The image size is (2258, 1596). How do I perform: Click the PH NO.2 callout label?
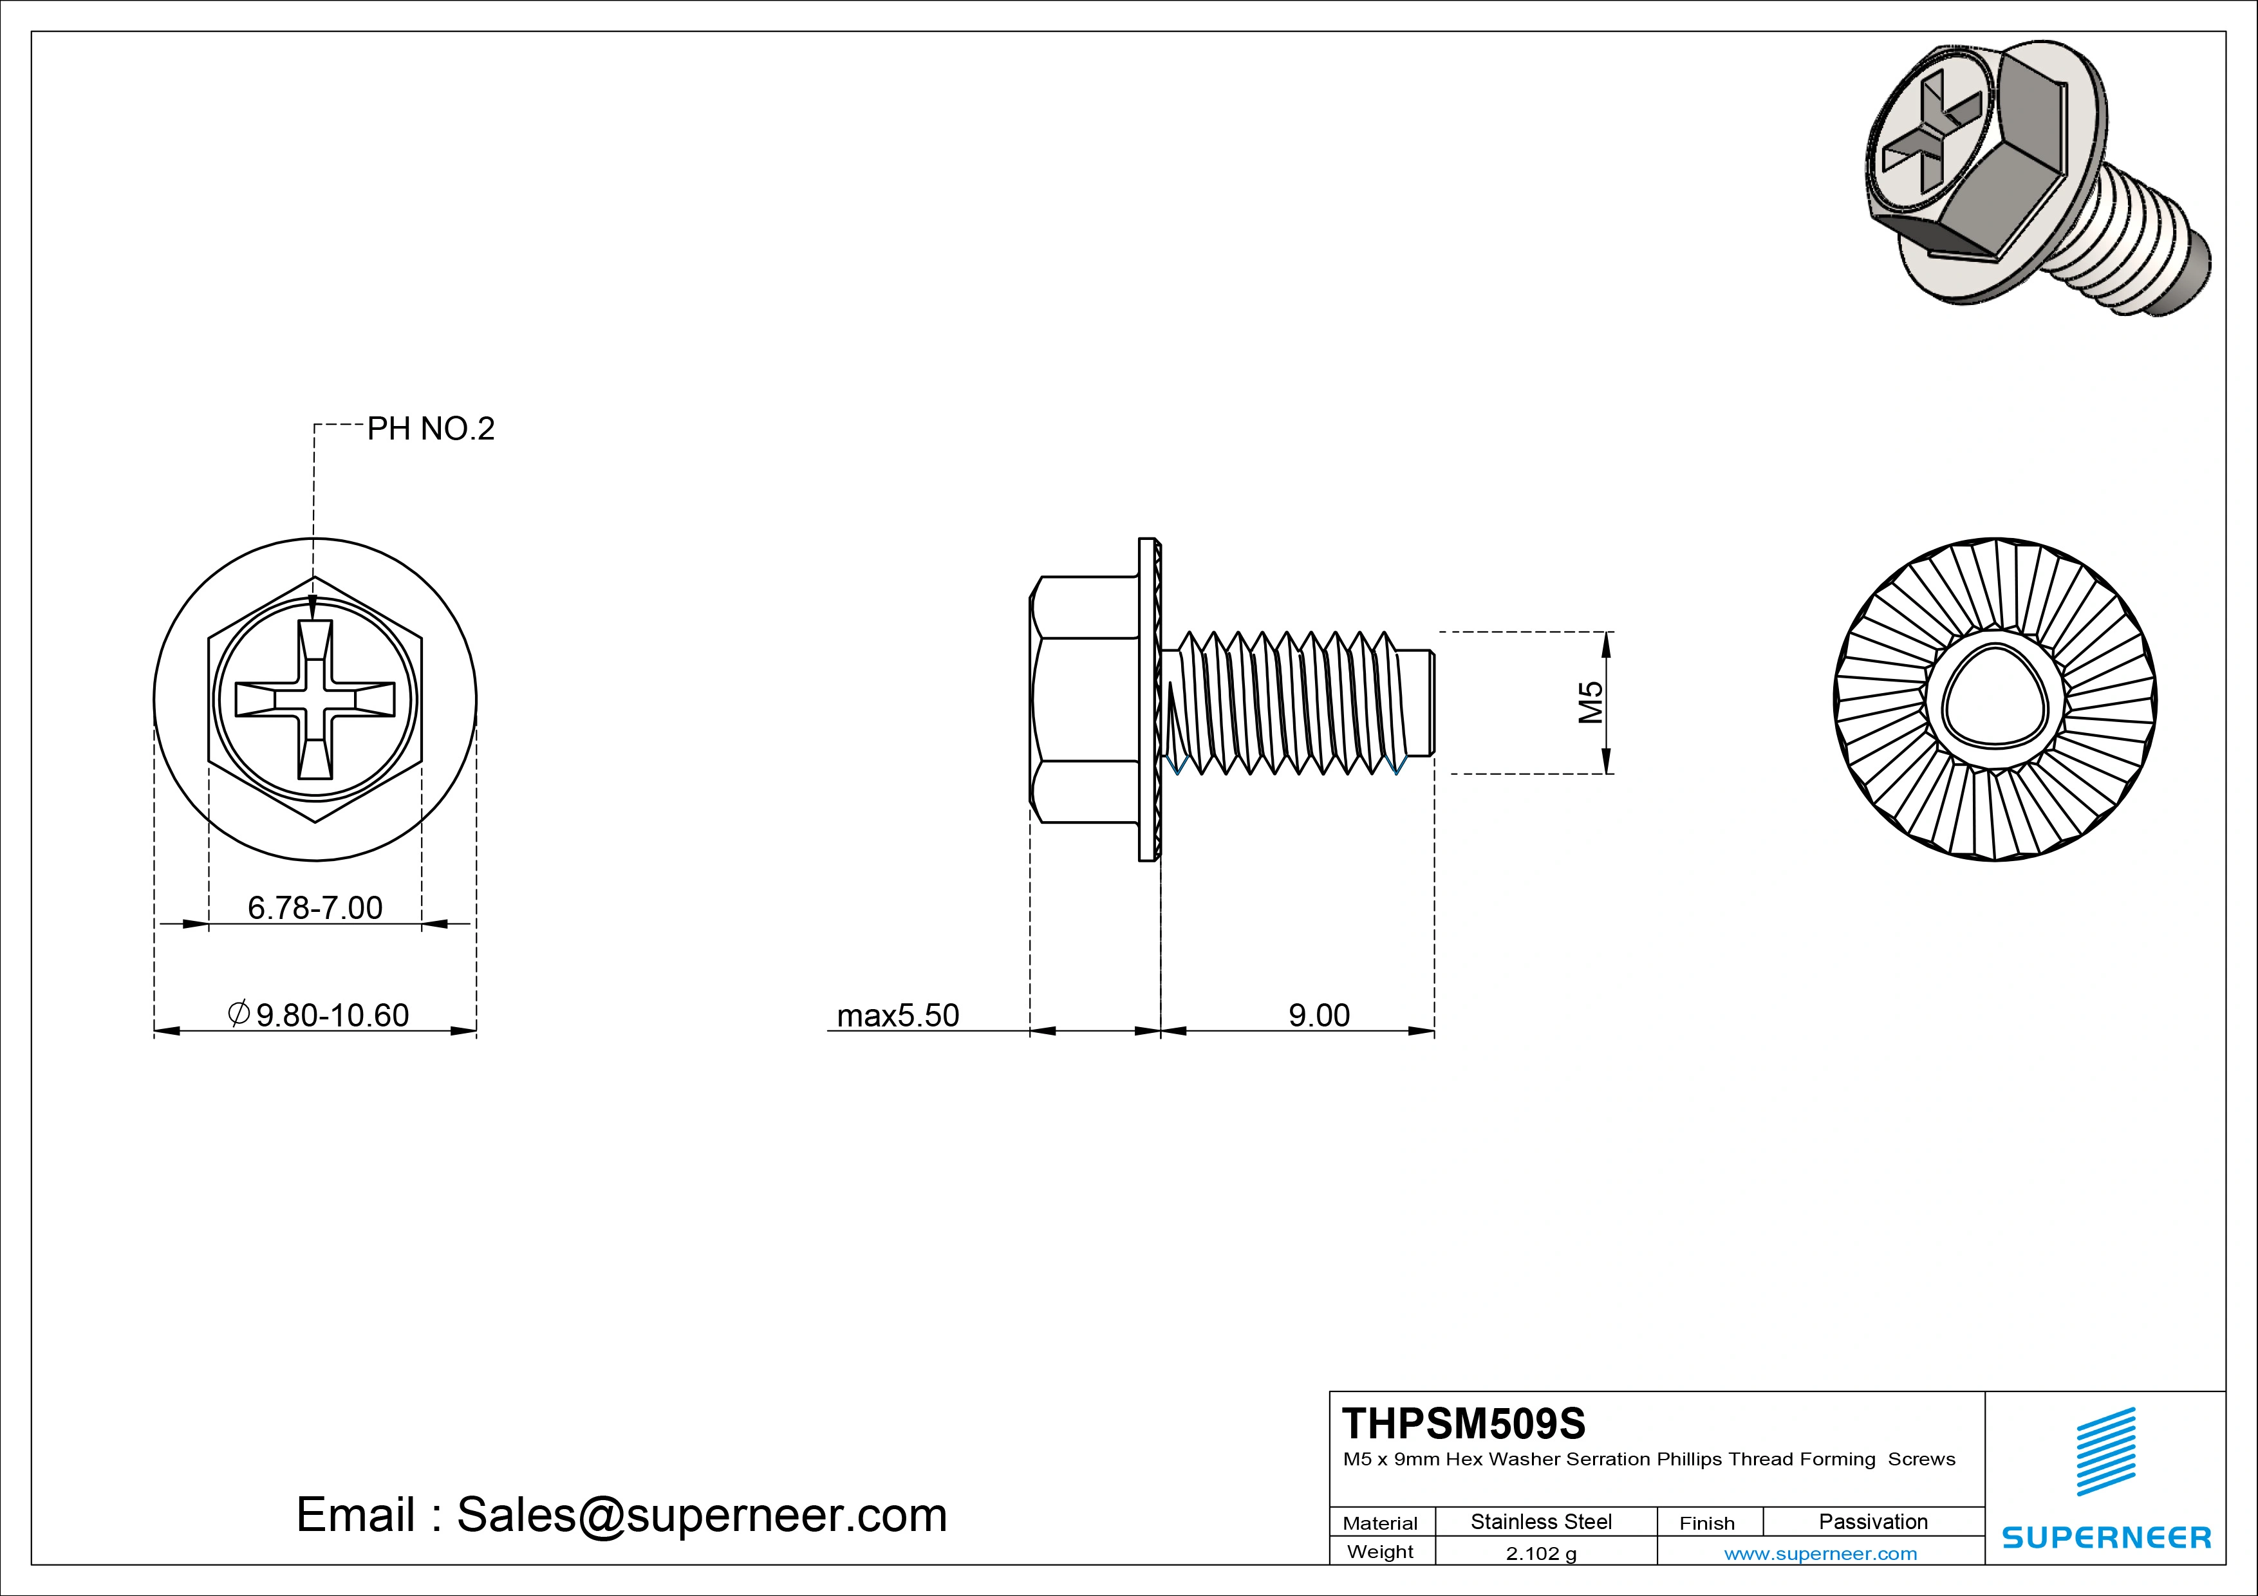click(430, 429)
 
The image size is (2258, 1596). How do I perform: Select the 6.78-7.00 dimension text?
click(315, 907)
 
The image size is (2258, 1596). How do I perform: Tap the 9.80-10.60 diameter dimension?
click(320, 1015)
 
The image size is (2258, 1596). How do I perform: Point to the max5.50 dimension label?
click(897, 1015)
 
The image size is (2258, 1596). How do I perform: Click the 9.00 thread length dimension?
click(1319, 1015)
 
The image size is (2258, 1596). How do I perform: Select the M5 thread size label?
click(1591, 702)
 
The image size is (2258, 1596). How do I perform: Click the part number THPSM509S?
click(1463, 1423)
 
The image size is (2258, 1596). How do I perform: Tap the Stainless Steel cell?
click(1541, 1521)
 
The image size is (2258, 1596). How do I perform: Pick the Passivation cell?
click(1872, 1521)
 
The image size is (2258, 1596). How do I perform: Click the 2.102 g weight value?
click(1541, 1554)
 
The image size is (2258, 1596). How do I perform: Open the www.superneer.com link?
click(1820, 1554)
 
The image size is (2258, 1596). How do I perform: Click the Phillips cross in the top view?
click(315, 700)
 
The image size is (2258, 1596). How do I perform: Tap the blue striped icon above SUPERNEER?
click(2105, 1452)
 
